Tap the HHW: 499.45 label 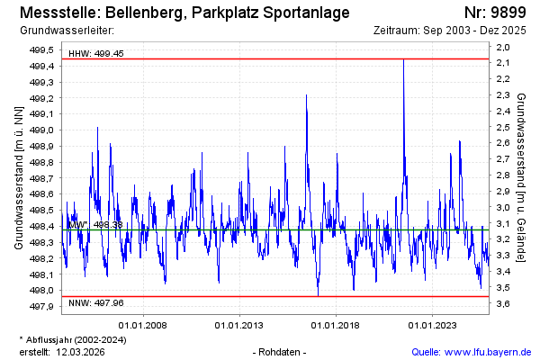(96, 54)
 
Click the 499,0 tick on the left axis (43, 130)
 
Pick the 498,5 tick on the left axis (43, 211)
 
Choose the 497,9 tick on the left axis (43, 307)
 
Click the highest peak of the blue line (403, 60)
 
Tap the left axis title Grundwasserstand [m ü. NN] (18, 177)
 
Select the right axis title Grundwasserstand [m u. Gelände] (523, 176)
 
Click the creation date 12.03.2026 (83, 351)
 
